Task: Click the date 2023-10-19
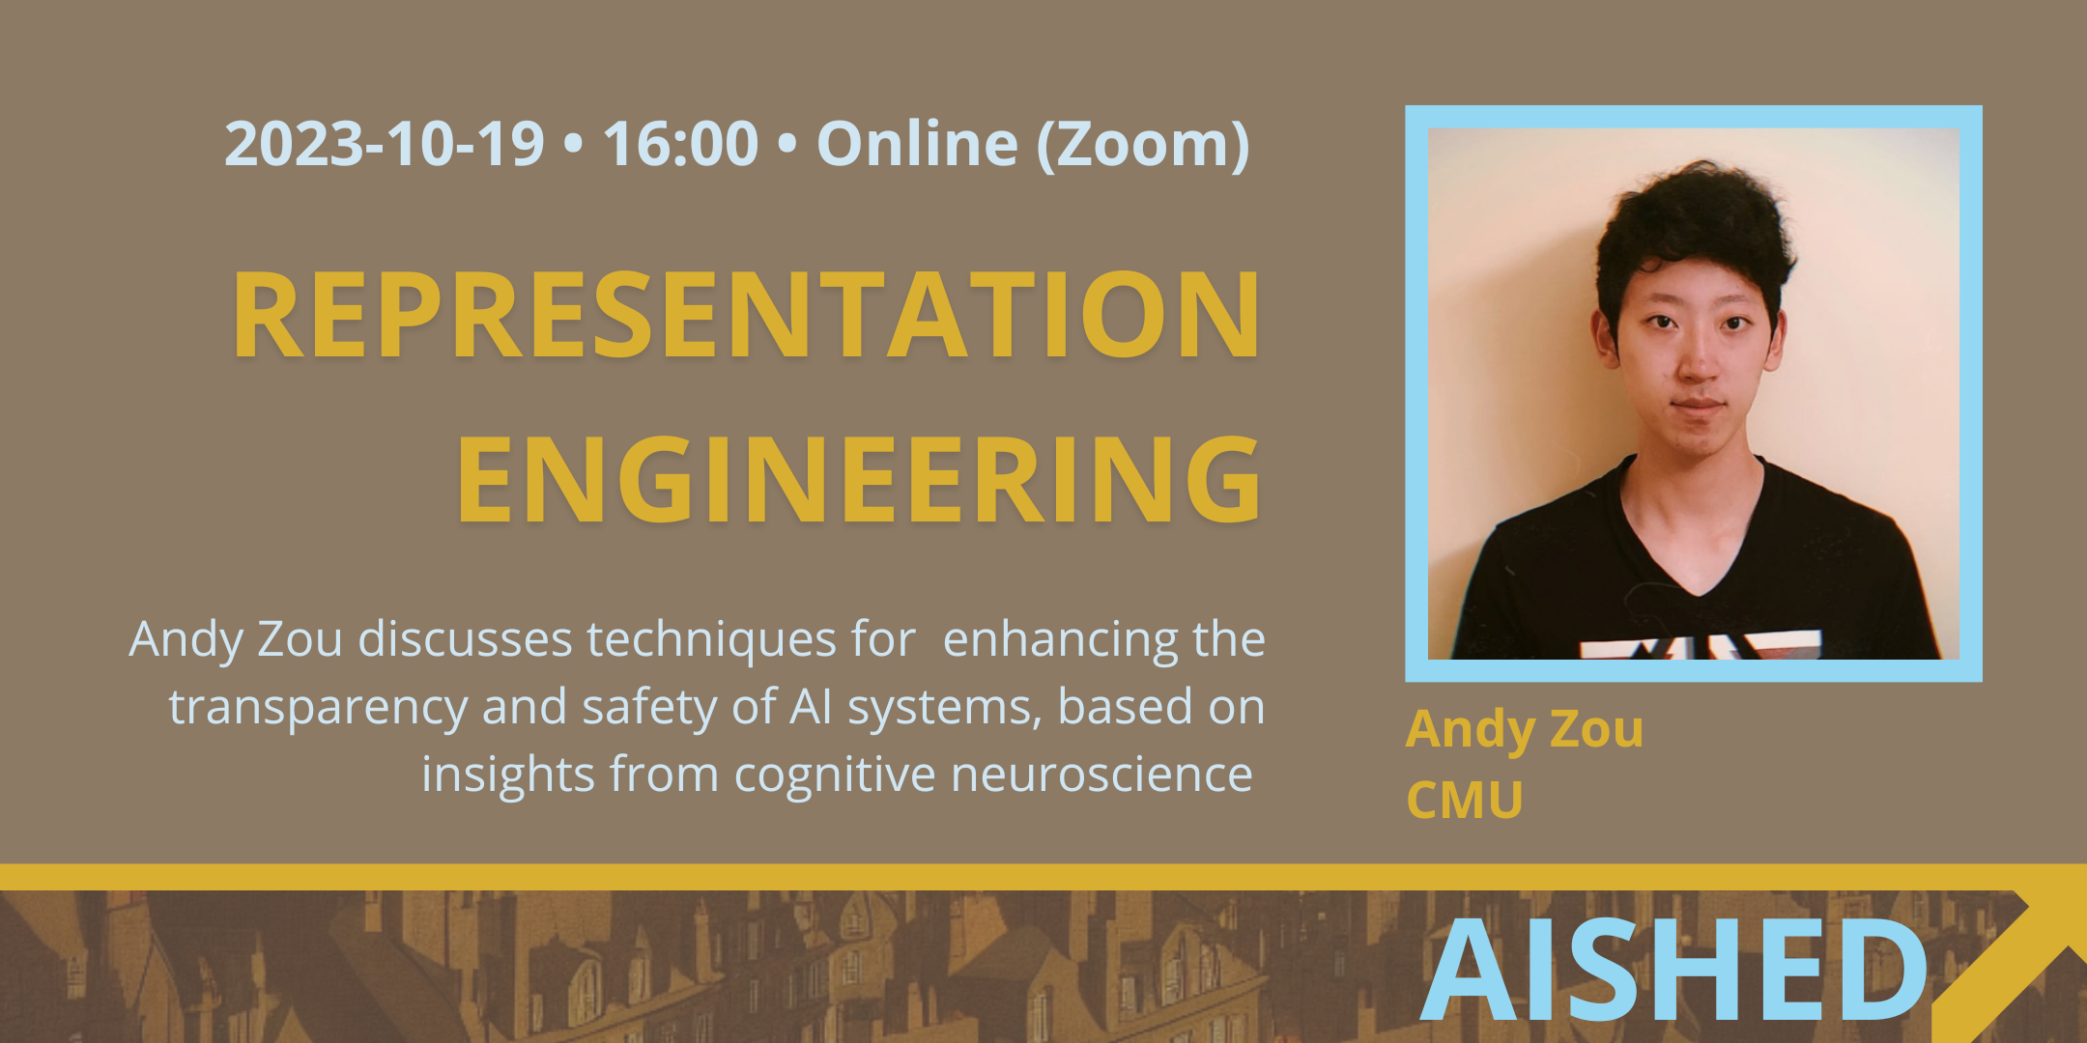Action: [x=385, y=144]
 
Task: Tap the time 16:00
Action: [x=680, y=144]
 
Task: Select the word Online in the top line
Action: [x=917, y=143]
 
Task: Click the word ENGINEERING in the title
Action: [x=859, y=479]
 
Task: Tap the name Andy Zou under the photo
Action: [x=1525, y=730]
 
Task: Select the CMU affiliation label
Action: [x=1465, y=801]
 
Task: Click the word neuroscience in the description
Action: [x=1101, y=775]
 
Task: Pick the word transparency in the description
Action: [x=318, y=709]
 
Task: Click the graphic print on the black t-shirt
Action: [x=1701, y=645]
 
